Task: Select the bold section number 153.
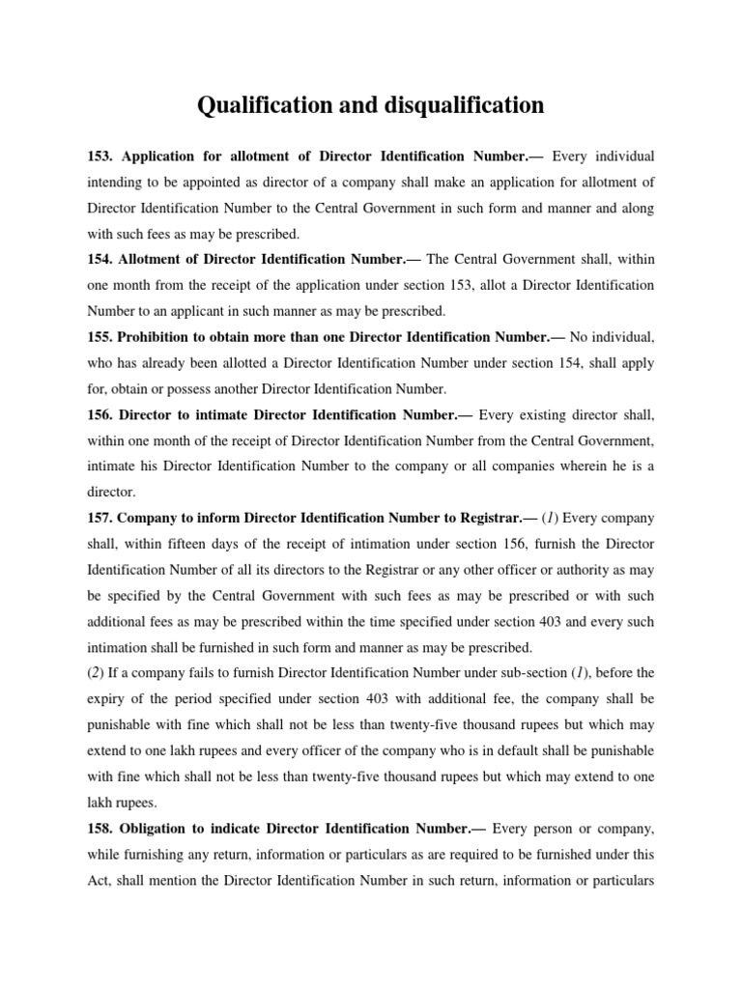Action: [100, 155]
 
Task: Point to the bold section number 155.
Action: [100, 338]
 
